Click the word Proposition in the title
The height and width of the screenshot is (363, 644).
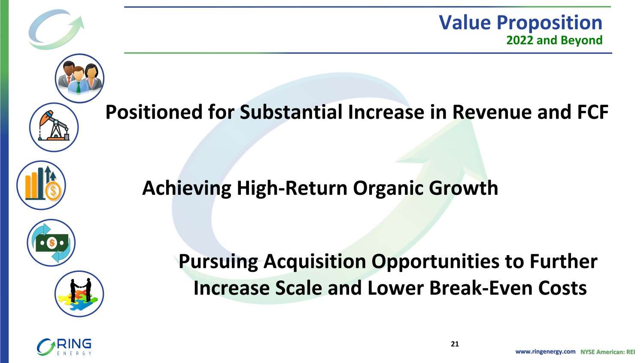(x=550, y=23)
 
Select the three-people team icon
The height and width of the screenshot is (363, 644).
(x=79, y=78)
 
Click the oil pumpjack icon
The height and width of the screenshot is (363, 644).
(x=54, y=127)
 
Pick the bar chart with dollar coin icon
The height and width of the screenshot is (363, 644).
(x=41, y=185)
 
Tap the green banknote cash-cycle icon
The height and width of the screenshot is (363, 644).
(x=51, y=243)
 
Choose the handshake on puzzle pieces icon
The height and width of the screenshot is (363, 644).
(x=79, y=294)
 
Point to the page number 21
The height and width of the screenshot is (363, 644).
(x=455, y=344)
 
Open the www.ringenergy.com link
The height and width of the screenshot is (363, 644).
(x=545, y=352)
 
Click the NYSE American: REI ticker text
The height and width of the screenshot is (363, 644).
(x=608, y=352)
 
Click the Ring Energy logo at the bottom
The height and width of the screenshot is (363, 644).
(x=64, y=347)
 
